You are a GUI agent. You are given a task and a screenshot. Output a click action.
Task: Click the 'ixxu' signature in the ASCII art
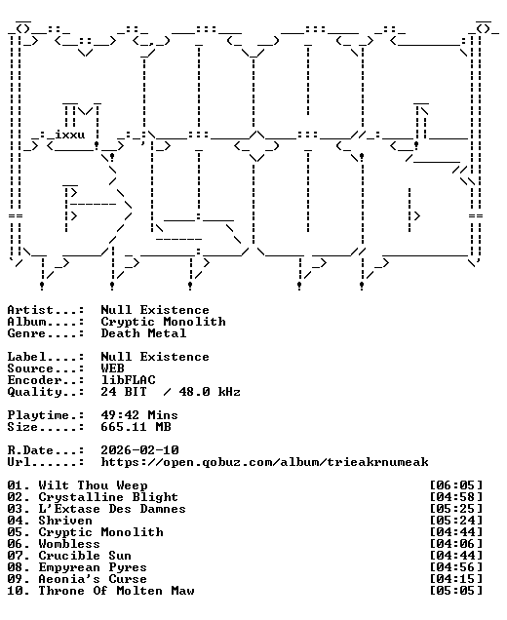click(x=69, y=135)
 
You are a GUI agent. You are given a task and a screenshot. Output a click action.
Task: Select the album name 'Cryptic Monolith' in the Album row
click(x=164, y=322)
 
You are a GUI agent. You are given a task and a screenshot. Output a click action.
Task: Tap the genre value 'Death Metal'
click(x=143, y=333)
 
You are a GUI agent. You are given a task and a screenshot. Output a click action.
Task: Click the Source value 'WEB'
click(x=113, y=368)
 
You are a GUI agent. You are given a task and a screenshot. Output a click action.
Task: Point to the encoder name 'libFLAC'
click(x=128, y=380)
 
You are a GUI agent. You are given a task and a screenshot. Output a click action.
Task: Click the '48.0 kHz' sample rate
click(x=210, y=392)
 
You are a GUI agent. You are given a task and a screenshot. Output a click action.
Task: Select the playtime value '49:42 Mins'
click(x=139, y=415)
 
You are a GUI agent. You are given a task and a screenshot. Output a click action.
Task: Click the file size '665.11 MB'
click(x=136, y=427)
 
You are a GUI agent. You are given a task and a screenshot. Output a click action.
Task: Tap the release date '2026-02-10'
click(x=140, y=450)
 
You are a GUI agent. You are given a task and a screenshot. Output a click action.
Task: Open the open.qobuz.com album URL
click(x=264, y=462)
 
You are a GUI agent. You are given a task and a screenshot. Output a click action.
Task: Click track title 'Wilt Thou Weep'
click(x=93, y=485)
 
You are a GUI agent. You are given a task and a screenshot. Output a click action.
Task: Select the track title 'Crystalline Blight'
click(x=108, y=497)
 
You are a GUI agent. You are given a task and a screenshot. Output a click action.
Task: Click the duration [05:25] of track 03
click(x=456, y=509)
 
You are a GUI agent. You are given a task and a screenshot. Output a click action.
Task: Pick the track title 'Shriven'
click(x=65, y=521)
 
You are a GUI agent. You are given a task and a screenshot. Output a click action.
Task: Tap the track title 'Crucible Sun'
click(x=85, y=556)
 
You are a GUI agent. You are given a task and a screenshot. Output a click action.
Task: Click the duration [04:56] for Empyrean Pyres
click(x=456, y=567)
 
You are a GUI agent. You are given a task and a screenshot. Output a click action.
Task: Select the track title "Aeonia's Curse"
click(x=93, y=579)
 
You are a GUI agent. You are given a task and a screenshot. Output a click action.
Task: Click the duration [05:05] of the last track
click(x=456, y=591)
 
